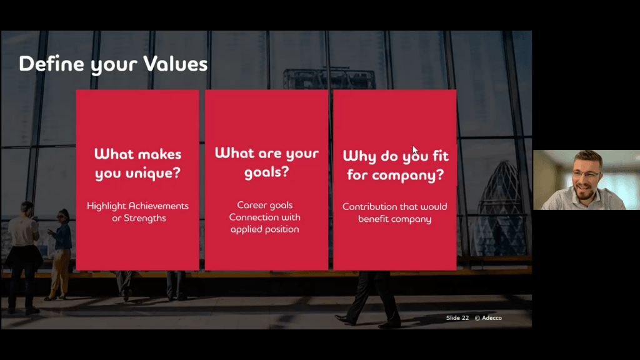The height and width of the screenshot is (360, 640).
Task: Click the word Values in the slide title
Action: [176, 64]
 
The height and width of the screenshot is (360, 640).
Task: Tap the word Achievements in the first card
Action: [158, 206]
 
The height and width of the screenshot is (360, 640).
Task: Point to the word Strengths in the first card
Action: [145, 218]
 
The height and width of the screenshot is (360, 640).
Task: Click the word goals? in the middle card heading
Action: [266, 172]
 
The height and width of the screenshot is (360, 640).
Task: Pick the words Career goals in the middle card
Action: [265, 205]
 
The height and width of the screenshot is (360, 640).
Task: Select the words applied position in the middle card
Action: [264, 229]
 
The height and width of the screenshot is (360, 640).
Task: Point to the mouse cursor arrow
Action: [415, 150]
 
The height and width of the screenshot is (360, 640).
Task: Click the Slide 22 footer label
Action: [457, 318]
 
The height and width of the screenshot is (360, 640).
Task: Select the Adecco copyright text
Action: [488, 318]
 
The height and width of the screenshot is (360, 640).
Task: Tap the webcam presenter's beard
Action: [584, 191]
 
